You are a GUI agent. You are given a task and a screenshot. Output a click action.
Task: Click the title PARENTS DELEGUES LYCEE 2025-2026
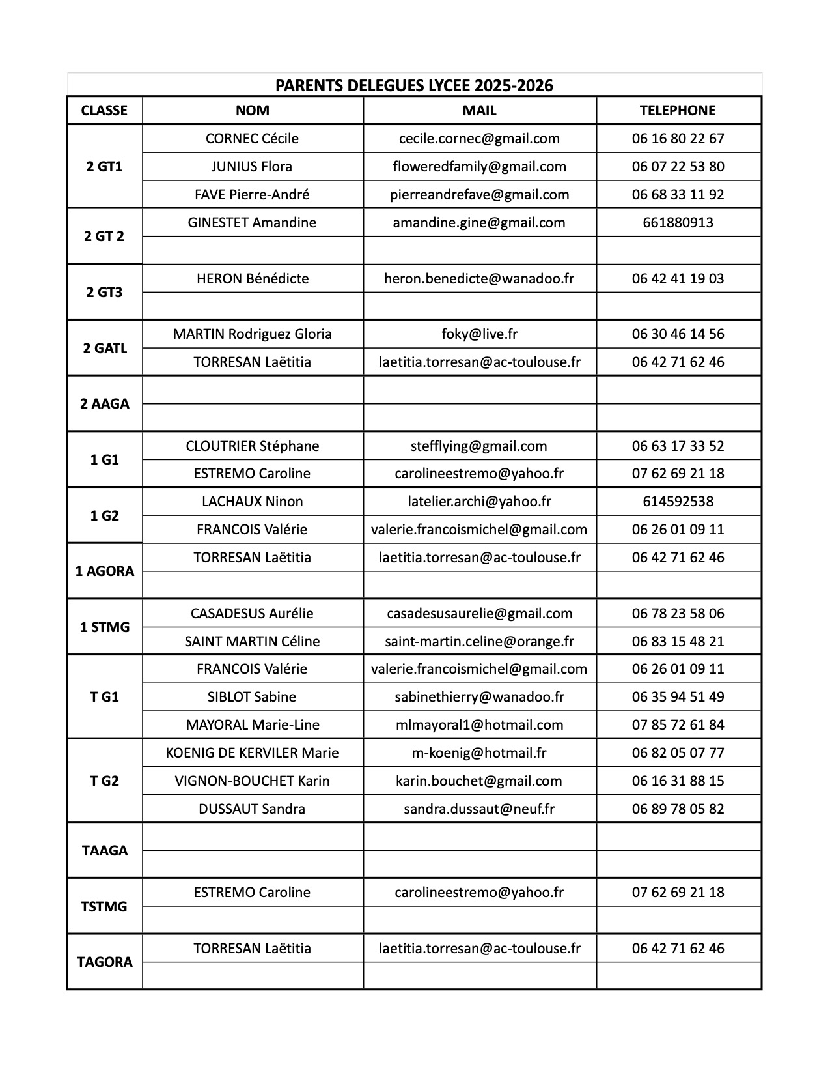[x=414, y=85]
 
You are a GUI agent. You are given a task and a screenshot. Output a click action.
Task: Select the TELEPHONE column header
[x=678, y=111]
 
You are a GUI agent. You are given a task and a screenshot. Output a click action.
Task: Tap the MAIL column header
[x=479, y=111]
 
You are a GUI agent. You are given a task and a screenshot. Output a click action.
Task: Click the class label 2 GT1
[x=104, y=166]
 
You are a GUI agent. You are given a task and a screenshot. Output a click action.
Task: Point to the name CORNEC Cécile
[x=252, y=139]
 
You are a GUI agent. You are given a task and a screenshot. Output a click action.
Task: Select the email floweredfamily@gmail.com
[x=479, y=167]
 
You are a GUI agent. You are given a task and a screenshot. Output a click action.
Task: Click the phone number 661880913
[x=678, y=223]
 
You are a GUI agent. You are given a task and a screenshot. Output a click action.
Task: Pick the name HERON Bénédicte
[x=252, y=279]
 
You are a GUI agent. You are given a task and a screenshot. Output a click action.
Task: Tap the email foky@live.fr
[x=479, y=334]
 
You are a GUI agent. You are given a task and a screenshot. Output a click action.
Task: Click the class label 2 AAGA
[x=104, y=404]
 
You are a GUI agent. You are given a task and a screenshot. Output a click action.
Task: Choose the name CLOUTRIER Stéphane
[x=252, y=446]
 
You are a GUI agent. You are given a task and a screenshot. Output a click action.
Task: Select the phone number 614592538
[x=678, y=502]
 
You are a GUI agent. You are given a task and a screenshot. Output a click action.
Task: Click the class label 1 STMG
[x=104, y=627]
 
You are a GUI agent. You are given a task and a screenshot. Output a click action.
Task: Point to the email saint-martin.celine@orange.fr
[x=479, y=642]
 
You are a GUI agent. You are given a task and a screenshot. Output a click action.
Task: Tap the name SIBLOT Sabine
[x=252, y=697]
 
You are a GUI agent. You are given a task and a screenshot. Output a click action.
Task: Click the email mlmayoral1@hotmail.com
[x=479, y=725]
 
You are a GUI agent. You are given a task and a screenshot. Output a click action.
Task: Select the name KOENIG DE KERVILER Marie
[x=252, y=753]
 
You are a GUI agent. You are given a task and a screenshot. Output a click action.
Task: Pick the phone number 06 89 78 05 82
[x=678, y=809]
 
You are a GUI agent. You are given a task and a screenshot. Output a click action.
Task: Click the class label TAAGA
[x=104, y=851]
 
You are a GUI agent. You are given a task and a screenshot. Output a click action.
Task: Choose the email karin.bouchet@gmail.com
[x=479, y=781]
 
